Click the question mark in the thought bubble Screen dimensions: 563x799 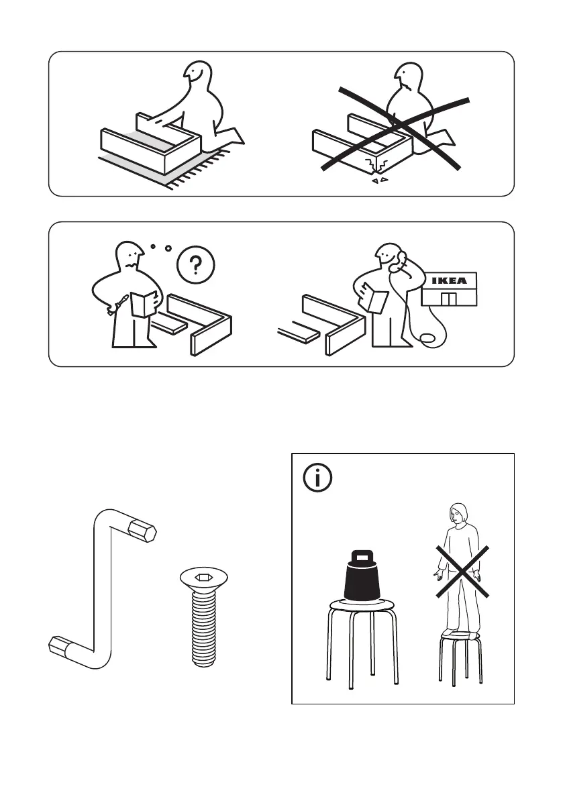click(x=196, y=266)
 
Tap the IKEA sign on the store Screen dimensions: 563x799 click(x=449, y=280)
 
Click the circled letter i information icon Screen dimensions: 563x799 click(x=317, y=478)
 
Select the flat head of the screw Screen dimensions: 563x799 click(x=204, y=578)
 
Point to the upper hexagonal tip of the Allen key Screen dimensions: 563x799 click(x=142, y=531)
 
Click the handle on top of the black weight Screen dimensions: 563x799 click(x=362, y=556)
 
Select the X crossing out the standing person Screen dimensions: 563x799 click(x=462, y=571)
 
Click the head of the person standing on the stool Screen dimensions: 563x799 click(x=458, y=515)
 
